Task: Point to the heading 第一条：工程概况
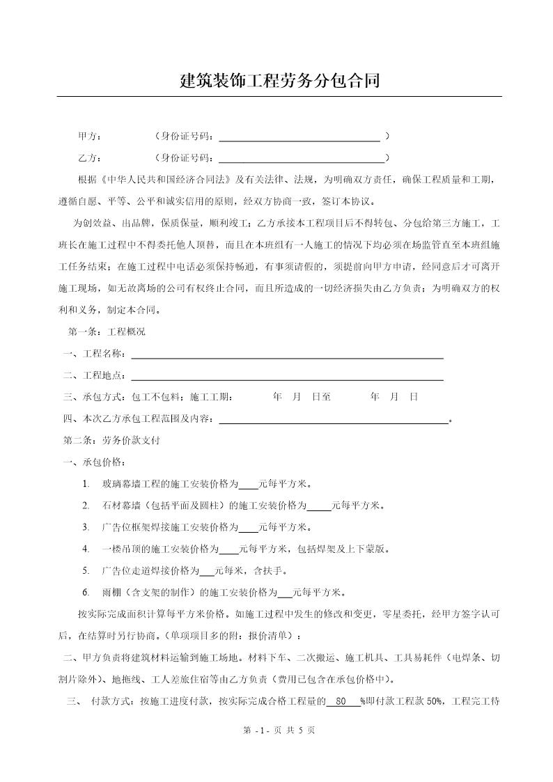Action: point(107,331)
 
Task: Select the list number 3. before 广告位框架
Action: point(86,527)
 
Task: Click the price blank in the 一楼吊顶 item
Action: point(228,549)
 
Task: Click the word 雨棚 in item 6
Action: point(111,593)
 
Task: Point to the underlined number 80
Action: point(341,702)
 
